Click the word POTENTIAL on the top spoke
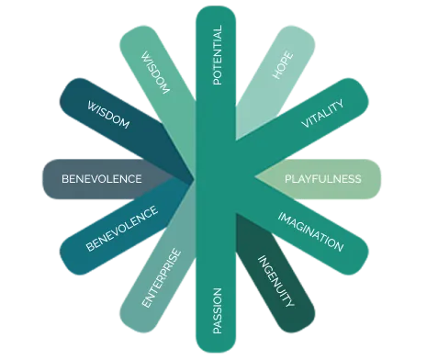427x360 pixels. click(x=217, y=55)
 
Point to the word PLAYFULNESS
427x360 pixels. click(x=322, y=178)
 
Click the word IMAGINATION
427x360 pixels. click(x=310, y=231)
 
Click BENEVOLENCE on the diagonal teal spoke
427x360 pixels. click(x=121, y=229)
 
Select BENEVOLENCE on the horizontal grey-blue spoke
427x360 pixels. click(x=101, y=178)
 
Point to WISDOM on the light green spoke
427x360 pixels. click(x=152, y=72)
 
